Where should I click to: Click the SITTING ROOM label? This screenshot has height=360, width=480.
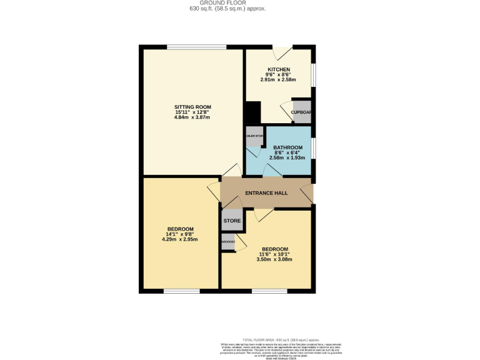pos(192,107)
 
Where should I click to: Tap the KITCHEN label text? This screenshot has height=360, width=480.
pos(278,69)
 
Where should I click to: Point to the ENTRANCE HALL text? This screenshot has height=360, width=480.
pos(266,193)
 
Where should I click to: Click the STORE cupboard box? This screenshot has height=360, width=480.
pos(232,221)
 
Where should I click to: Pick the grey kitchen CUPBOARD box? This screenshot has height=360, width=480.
pos(301,112)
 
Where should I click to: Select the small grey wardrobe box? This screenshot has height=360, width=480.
pos(228,242)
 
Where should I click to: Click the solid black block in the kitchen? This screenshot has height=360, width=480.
pos(252,114)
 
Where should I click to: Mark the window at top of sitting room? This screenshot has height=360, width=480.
pos(196,47)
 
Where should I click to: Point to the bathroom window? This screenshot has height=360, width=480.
pos(313,149)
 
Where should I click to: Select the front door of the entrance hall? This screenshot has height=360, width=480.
pos(307,194)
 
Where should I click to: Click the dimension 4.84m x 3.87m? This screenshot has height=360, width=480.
pos(192,117)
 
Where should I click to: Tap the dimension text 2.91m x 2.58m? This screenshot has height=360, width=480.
pos(278,80)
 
